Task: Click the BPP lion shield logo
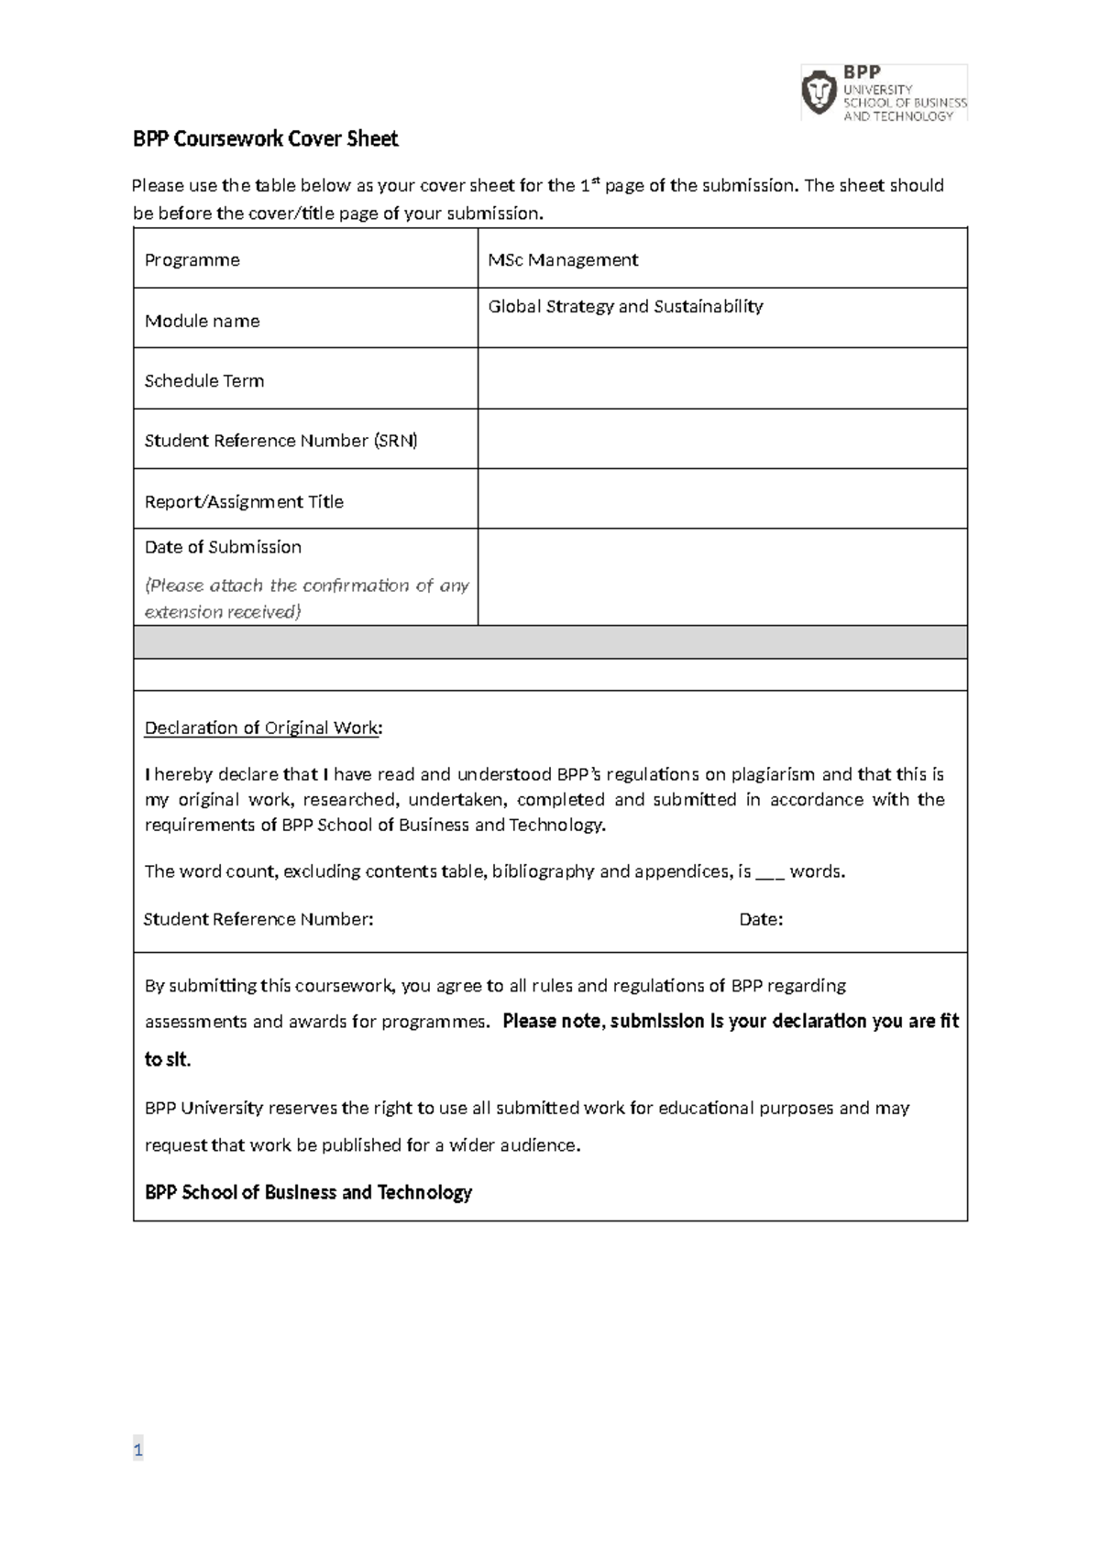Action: click(x=819, y=93)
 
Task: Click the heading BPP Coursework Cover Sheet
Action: click(x=265, y=139)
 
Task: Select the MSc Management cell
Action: click(x=563, y=260)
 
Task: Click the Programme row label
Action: click(x=192, y=260)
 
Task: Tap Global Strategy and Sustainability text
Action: click(x=625, y=307)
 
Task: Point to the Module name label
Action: click(x=202, y=322)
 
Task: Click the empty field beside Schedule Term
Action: click(x=721, y=378)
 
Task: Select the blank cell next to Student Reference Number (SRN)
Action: click(x=721, y=439)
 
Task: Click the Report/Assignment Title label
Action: click(x=244, y=502)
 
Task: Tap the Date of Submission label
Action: click(x=223, y=547)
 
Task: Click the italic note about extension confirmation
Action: click(x=306, y=598)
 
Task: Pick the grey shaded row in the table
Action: click(x=550, y=642)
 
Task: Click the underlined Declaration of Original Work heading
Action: click(x=263, y=728)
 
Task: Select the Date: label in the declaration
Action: click(x=761, y=920)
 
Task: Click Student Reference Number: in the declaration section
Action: click(x=258, y=920)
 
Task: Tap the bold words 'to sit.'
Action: click(x=168, y=1060)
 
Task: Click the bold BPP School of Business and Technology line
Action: click(x=308, y=1193)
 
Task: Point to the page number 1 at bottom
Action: click(x=137, y=1450)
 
